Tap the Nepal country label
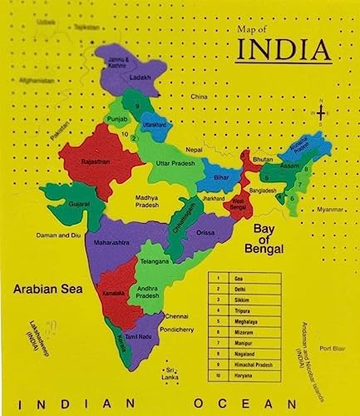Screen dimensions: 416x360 (216, 149)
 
